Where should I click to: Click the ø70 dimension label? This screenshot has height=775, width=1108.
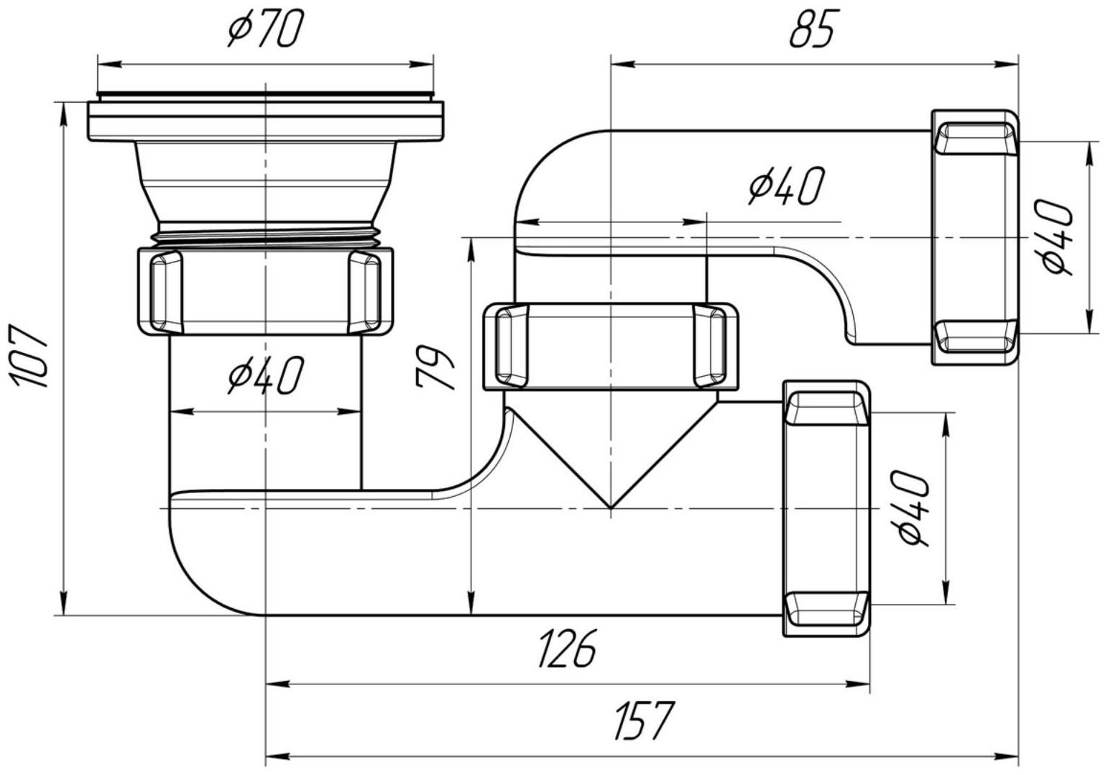click(x=265, y=29)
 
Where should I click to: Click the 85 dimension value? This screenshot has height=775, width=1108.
click(x=814, y=29)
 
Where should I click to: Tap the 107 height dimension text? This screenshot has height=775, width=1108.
click(x=29, y=356)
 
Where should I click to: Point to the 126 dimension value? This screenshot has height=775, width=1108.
click(x=568, y=648)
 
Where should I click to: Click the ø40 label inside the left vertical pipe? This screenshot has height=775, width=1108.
click(x=265, y=375)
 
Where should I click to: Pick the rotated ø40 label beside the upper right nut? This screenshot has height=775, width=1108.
click(x=1057, y=237)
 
